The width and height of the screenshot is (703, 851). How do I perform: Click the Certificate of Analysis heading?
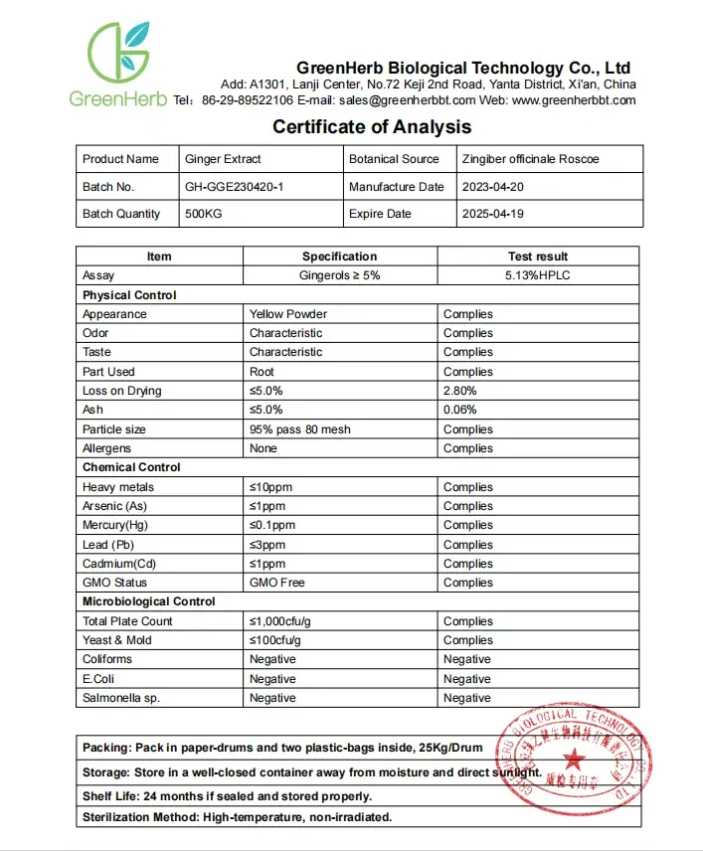point(372,126)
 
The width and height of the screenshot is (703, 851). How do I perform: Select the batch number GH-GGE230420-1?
point(235,187)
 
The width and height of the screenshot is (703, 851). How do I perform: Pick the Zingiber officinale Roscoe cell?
point(530,159)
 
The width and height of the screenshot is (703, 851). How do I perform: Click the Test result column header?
point(538,256)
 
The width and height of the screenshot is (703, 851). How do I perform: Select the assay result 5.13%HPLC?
point(538,275)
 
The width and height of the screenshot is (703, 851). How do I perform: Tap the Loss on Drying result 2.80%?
point(459,391)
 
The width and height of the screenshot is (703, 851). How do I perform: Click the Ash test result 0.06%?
point(459,410)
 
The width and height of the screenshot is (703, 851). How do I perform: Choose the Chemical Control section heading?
point(131,467)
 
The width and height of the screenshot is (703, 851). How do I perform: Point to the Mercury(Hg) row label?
point(119,525)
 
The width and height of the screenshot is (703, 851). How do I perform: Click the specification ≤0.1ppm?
point(272,525)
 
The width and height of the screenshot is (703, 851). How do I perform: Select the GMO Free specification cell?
point(277,583)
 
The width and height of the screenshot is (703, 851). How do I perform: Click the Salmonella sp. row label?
point(121,698)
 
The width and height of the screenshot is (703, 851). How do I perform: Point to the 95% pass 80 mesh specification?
point(299,429)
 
